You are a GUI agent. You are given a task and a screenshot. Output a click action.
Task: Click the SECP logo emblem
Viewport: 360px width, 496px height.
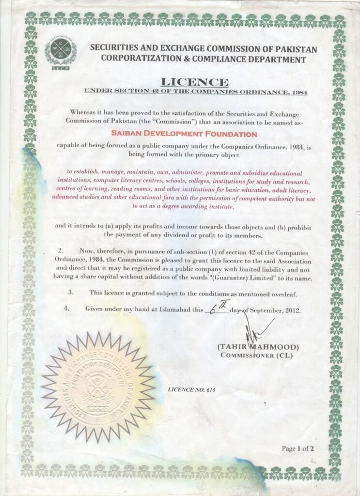point(60,53)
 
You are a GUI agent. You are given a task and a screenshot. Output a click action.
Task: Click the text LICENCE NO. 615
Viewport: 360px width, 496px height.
point(191,389)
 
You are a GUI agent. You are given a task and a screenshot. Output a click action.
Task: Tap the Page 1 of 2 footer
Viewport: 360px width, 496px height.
point(298,449)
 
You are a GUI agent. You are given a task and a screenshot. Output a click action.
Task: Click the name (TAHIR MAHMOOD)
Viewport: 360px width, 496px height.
point(258,347)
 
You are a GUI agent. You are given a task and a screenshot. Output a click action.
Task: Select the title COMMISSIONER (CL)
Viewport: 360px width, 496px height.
point(256,355)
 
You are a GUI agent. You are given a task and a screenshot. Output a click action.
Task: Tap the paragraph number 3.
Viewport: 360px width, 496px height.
point(71,293)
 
